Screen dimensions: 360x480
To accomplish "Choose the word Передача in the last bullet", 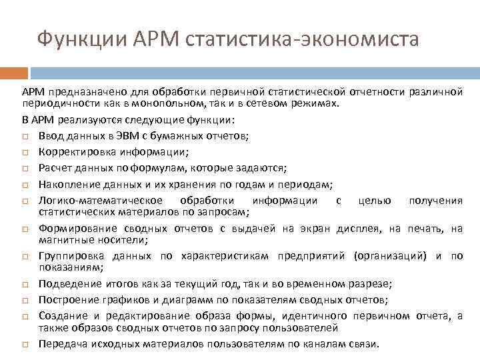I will pos(62,344).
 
